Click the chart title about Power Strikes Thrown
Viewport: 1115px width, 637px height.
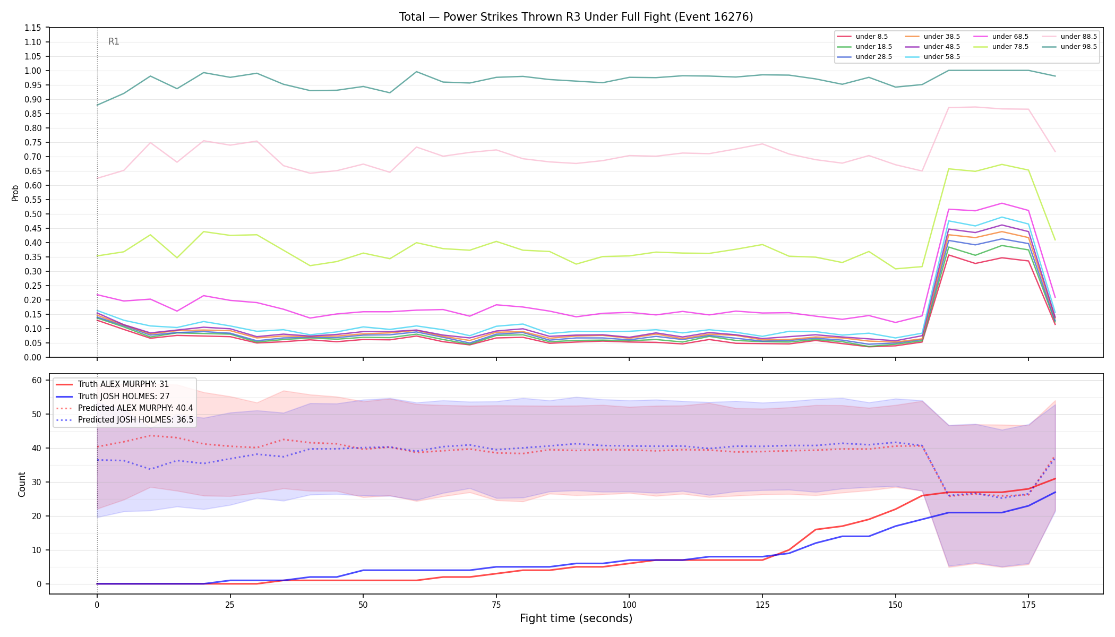pyautogui.click(x=576, y=17)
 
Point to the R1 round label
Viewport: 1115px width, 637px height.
pyautogui.click(x=114, y=41)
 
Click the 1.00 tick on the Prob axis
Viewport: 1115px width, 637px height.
pyautogui.click(x=33, y=71)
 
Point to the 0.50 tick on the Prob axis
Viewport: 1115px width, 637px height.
pyautogui.click(x=33, y=214)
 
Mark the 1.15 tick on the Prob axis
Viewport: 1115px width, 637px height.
pyautogui.click(x=33, y=28)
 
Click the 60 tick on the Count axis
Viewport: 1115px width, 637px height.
pyautogui.click(x=37, y=380)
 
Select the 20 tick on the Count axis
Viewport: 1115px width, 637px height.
pyautogui.click(x=37, y=516)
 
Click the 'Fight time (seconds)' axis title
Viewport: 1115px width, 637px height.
pyautogui.click(x=576, y=618)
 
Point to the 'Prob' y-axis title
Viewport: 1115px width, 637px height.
pyautogui.click(x=15, y=193)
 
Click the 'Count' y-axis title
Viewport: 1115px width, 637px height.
pyautogui.click(x=22, y=484)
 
